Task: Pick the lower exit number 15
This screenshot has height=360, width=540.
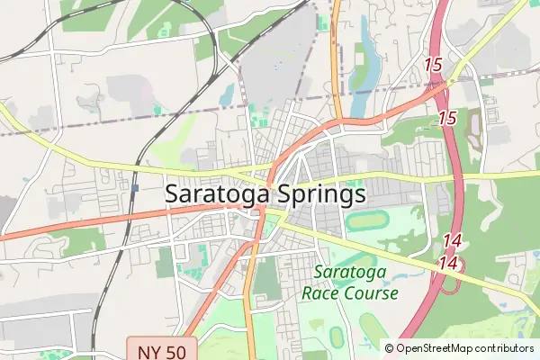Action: click(x=447, y=118)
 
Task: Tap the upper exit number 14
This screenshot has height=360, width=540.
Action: click(x=452, y=241)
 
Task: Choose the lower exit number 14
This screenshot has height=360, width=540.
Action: click(x=449, y=264)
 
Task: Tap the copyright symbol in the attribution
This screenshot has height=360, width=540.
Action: click(x=390, y=348)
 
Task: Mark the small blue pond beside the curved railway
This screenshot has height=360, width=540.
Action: click(x=227, y=94)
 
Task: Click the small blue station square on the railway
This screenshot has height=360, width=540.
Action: click(x=134, y=189)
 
